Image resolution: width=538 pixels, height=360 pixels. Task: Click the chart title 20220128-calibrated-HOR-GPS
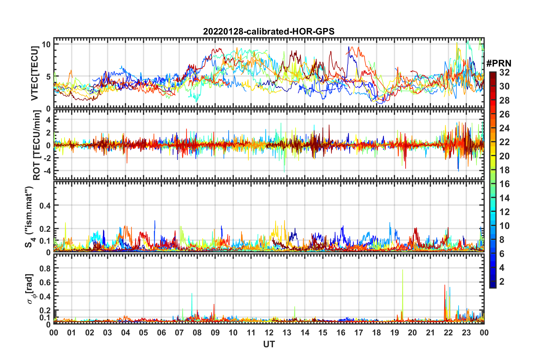pos(269,31)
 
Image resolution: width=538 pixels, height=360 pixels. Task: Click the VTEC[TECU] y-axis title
pos(35,74)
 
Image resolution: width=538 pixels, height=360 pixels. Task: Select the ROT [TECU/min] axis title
pos(37,145)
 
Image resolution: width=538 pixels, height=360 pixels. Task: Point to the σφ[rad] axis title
pos(30,289)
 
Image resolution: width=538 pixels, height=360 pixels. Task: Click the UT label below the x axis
pos(269,344)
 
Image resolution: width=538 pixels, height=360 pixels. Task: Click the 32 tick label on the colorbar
pos(504,72)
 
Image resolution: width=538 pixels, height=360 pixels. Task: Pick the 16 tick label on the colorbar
pos(504,184)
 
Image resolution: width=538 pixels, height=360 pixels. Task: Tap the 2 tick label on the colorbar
pos(502,281)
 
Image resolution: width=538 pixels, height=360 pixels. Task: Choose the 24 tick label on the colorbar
pos(504,128)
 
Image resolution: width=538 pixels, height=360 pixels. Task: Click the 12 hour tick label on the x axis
pos(269,333)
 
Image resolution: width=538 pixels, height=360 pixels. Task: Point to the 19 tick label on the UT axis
pos(395,333)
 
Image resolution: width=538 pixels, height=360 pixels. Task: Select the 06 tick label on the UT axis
pos(162,333)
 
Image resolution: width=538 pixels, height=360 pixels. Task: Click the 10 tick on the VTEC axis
pos(46,44)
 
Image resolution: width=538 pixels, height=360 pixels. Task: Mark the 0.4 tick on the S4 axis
pos(45,205)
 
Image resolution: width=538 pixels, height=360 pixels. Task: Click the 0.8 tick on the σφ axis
pos(45,268)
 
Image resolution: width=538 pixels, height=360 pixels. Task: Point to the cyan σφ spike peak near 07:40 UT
pos(192,294)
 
